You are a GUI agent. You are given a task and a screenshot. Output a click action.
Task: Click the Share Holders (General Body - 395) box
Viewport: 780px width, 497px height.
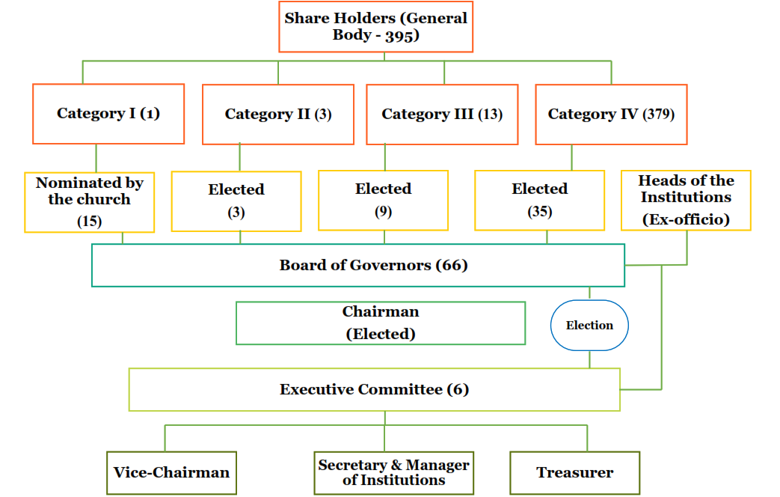tap(375, 27)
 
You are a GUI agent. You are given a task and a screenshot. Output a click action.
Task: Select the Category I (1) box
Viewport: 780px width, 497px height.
tap(108, 114)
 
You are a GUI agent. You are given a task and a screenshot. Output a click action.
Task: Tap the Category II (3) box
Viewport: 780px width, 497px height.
tap(278, 115)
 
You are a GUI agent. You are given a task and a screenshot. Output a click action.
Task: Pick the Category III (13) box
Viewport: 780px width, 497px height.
tap(442, 115)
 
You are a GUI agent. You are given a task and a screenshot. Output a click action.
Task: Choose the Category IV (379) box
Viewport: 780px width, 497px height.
tap(612, 115)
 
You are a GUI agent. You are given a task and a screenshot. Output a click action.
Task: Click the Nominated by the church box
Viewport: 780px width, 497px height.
tap(90, 202)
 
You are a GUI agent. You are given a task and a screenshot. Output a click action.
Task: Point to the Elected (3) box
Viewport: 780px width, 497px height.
tap(236, 201)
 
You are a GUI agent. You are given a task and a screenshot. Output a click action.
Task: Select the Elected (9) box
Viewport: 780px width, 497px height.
tap(383, 200)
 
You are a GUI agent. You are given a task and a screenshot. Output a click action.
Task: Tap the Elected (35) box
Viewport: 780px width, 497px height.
tap(540, 200)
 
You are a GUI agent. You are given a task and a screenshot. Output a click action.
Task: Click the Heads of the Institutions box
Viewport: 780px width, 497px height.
tap(686, 200)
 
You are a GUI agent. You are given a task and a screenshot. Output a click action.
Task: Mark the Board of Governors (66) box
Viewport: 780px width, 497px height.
tap(358, 266)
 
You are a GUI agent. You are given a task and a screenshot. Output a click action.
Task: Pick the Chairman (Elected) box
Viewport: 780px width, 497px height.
tap(381, 323)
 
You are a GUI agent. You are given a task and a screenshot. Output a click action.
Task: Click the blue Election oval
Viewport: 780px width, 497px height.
tap(589, 325)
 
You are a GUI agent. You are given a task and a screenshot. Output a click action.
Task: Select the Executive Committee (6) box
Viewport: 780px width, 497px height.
tap(375, 389)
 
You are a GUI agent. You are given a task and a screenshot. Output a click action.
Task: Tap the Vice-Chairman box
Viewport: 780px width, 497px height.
tap(171, 473)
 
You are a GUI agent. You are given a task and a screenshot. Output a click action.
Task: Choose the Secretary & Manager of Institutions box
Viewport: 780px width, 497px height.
tap(393, 473)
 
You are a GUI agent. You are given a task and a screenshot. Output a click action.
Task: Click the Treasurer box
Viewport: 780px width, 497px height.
tap(574, 473)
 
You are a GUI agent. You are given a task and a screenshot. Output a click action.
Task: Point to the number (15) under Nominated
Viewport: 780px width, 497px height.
tap(90, 221)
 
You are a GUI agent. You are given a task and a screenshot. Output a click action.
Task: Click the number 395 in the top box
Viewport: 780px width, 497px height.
tap(399, 35)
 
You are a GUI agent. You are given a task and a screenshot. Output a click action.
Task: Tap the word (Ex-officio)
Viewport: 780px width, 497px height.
tap(686, 219)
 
